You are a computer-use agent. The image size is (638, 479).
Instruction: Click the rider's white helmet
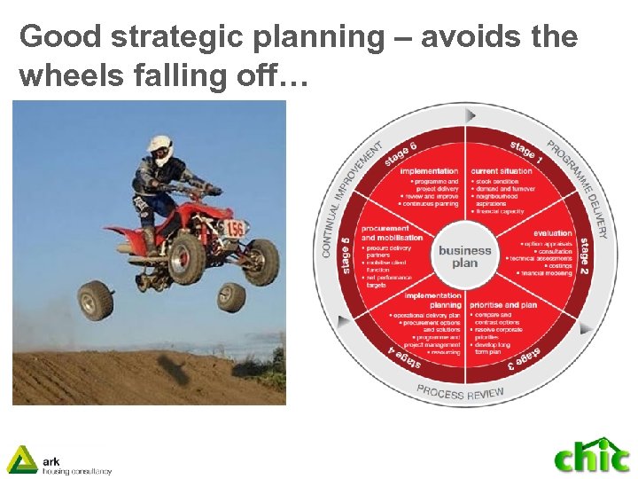pyautogui.click(x=159, y=150)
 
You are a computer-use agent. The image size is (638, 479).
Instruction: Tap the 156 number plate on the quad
pyautogui.click(x=235, y=230)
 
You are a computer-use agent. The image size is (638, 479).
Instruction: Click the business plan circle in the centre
pyautogui.click(x=464, y=256)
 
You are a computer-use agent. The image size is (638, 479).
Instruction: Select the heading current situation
pyautogui.click(x=502, y=170)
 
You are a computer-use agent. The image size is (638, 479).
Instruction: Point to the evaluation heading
pyautogui.click(x=553, y=232)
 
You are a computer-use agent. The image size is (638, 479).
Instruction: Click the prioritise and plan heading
pyautogui.click(x=505, y=305)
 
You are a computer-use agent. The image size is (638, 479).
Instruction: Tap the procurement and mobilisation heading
pyautogui.click(x=385, y=232)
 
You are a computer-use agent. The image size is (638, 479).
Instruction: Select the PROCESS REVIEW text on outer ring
pyautogui.click(x=460, y=392)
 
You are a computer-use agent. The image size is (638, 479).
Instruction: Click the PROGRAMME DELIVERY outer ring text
pyautogui.click(x=580, y=186)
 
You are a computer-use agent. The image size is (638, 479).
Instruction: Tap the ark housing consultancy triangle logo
pyautogui.click(x=21, y=459)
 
